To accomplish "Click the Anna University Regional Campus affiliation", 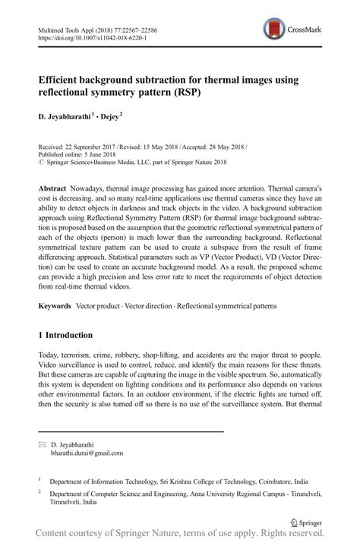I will click(228, 491).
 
